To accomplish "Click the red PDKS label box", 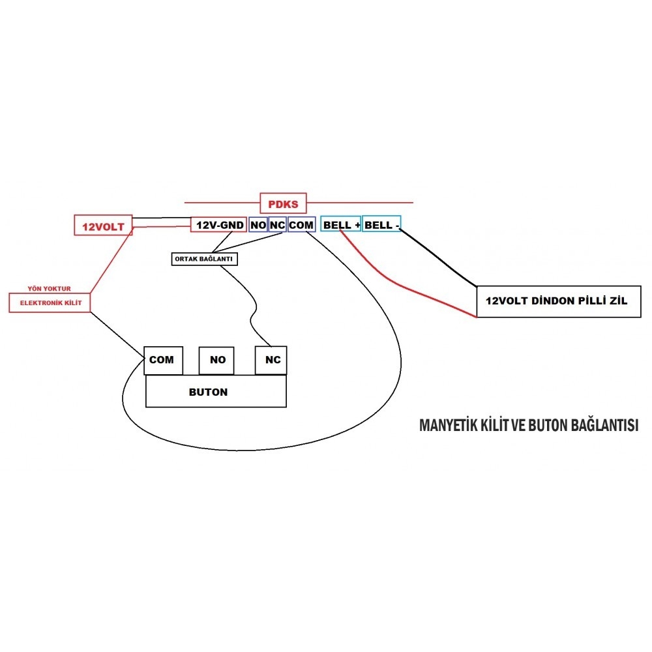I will point(283,204).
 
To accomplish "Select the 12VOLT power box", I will point(104,226).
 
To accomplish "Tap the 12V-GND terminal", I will point(218,225).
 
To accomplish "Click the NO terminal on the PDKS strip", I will point(258,225).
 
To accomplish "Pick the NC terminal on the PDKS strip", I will point(278,225).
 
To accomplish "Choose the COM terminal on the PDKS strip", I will point(301,225).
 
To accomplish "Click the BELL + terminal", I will point(340,225).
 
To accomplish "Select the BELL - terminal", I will point(381,225).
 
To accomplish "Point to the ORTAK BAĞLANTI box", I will point(204,259).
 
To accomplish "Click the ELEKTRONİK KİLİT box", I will point(50,303).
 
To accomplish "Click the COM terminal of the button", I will point(161,360).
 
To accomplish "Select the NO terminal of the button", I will point(218,360).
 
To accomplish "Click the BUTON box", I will point(216,393).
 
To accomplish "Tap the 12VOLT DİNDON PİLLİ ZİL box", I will point(558,302).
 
